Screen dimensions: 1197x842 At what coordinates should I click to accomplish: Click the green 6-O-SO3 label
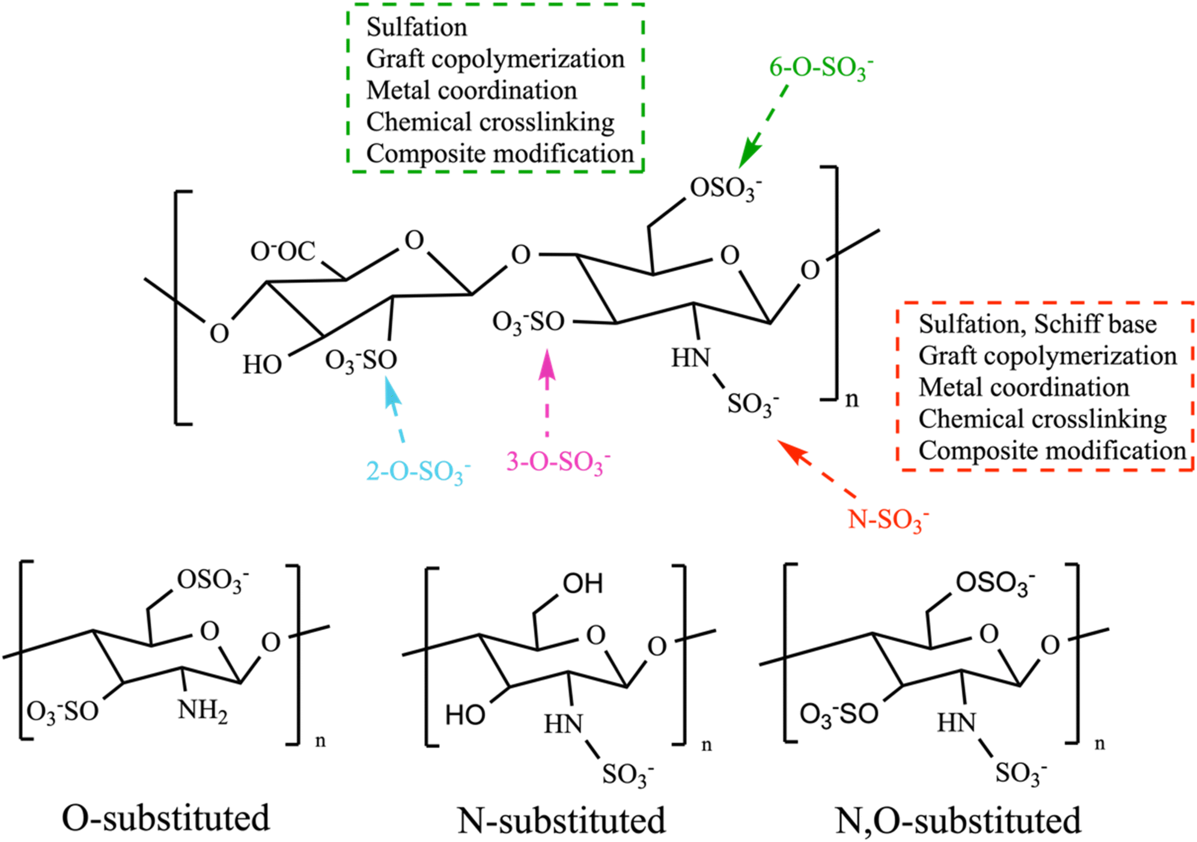point(821,68)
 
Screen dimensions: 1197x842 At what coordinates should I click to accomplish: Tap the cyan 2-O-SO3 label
point(418,472)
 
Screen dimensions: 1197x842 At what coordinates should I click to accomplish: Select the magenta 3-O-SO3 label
point(558,462)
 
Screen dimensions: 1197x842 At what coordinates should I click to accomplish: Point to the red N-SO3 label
point(888,520)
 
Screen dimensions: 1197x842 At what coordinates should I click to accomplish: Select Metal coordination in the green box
point(472,90)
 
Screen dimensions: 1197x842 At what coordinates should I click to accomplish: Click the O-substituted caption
point(166,817)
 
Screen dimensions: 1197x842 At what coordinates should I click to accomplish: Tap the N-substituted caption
point(562,820)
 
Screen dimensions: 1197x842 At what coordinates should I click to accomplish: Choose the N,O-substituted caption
point(958,820)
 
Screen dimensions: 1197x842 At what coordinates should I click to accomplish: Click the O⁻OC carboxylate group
point(282,251)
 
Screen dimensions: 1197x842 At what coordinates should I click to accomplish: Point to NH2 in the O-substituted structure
point(203,711)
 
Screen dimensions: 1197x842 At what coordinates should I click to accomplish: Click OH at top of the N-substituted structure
point(582,584)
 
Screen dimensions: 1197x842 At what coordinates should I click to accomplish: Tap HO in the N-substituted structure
point(464,715)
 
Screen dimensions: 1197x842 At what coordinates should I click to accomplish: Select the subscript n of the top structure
point(851,399)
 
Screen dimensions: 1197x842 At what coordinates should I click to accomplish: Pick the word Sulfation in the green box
point(416,27)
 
